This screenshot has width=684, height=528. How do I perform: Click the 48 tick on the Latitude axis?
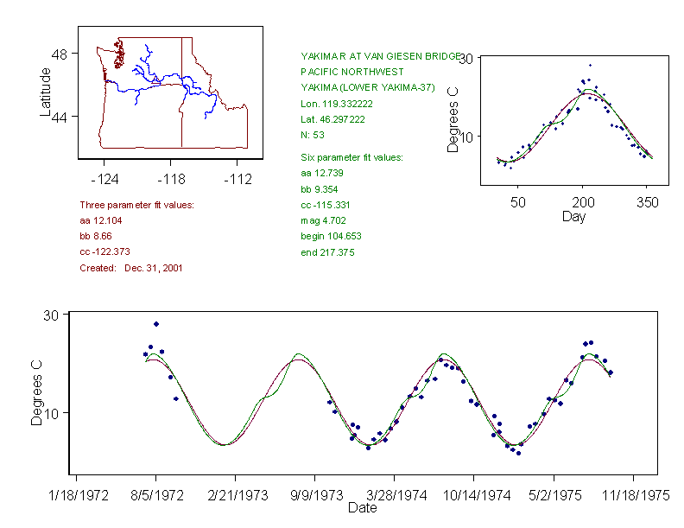point(63,54)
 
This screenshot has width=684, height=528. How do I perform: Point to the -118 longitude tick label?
point(170,179)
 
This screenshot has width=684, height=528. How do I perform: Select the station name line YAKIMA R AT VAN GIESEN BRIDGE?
point(380,56)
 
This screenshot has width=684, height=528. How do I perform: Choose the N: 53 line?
point(313,135)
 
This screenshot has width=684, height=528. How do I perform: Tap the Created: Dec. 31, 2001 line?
point(131,268)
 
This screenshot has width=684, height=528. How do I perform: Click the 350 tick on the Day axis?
point(648,202)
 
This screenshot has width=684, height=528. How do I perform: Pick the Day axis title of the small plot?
point(573,217)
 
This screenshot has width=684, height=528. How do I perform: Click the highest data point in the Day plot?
point(591,65)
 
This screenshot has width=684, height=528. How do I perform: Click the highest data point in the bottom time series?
point(156,324)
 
